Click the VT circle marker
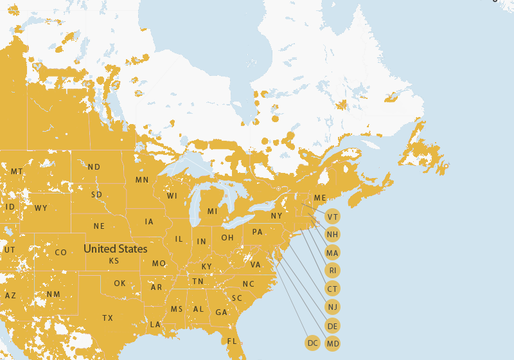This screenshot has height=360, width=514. (x=332, y=217)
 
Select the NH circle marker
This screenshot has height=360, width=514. (x=332, y=235)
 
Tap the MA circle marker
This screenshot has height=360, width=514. (x=332, y=253)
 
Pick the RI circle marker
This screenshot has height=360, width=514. (x=332, y=271)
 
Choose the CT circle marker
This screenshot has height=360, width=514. (x=332, y=289)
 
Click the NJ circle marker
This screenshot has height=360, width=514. (x=332, y=307)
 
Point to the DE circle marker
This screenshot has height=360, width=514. (x=332, y=326)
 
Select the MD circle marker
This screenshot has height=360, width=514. (x=332, y=344)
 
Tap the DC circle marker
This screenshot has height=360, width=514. (x=313, y=343)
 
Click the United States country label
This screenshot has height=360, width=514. (x=116, y=249)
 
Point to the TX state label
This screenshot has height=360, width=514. (x=107, y=318)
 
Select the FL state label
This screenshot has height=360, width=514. (x=232, y=341)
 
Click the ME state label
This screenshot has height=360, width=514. (x=320, y=198)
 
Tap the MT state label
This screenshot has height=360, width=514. (x=17, y=172)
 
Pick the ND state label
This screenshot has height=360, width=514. (x=94, y=167)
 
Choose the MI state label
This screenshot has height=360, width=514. (x=212, y=212)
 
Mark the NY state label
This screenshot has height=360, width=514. (x=276, y=216)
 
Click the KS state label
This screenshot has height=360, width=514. (x=114, y=261)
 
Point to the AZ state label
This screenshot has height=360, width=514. (x=10, y=296)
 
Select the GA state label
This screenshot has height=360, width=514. (x=221, y=312)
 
